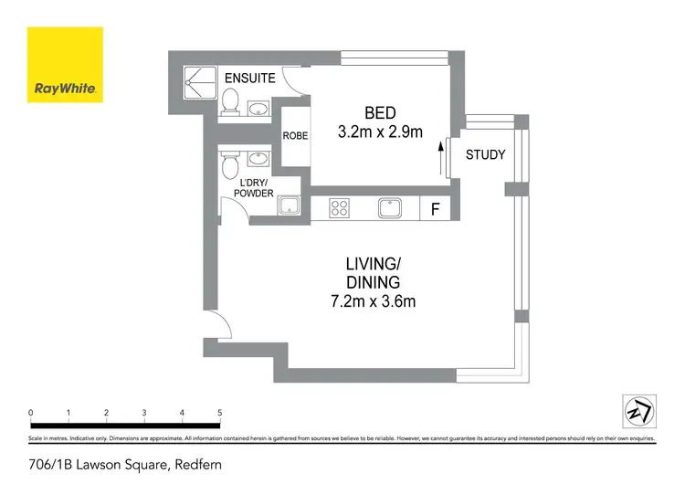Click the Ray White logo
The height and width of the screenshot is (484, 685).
(64, 64)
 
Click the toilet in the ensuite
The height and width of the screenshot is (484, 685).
(230, 103)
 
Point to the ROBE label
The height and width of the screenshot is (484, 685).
(295, 135)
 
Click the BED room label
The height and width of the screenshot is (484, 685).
(380, 113)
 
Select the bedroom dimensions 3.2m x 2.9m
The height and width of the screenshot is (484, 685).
(380, 132)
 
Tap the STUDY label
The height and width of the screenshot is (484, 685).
(485, 154)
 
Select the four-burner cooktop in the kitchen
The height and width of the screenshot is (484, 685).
(341, 208)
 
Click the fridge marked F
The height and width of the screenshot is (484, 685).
(436, 209)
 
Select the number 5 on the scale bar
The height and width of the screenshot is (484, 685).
(219, 413)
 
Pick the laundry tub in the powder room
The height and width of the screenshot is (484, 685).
(290, 206)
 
